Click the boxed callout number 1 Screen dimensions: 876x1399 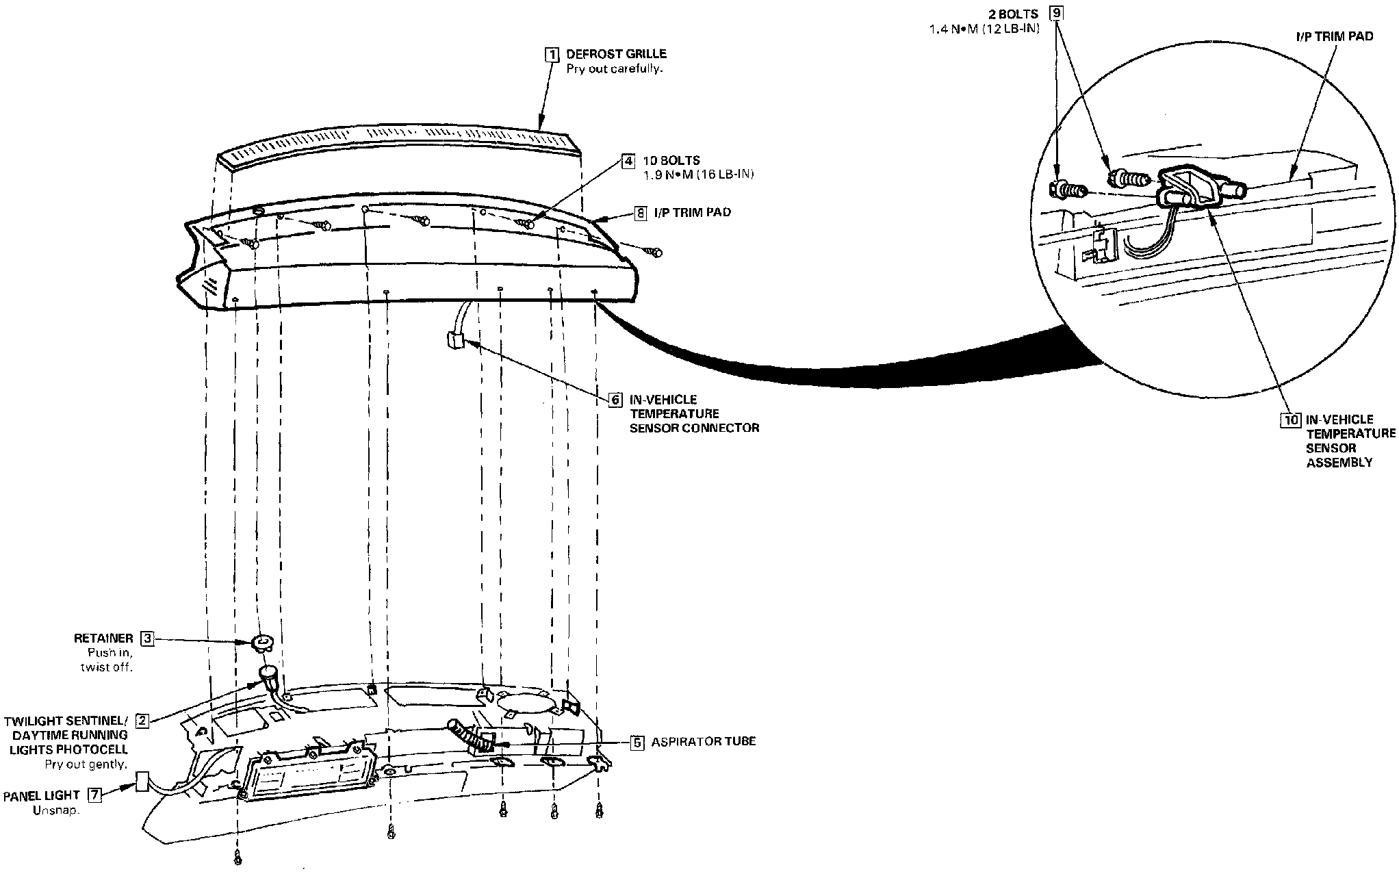click(x=551, y=54)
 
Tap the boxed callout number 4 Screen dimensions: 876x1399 click(x=628, y=162)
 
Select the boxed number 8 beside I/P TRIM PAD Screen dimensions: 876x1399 click(x=640, y=213)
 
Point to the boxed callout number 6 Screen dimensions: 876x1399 click(x=615, y=400)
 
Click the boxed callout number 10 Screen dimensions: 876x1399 click(x=1290, y=420)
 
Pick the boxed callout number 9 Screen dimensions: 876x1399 click(x=1057, y=14)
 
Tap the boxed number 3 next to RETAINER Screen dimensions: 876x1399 click(x=147, y=639)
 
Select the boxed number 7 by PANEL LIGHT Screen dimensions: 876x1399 click(x=95, y=795)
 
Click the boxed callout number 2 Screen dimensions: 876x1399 click(x=142, y=721)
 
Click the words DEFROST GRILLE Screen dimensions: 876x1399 click(x=616, y=54)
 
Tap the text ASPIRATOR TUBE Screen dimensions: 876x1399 click(x=703, y=742)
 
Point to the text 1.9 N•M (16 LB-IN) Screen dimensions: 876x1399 click(x=699, y=175)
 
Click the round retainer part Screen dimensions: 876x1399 click(x=262, y=642)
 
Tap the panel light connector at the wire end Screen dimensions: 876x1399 click(x=143, y=782)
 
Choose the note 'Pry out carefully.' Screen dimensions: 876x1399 click(x=614, y=69)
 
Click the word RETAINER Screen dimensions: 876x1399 click(x=103, y=639)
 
